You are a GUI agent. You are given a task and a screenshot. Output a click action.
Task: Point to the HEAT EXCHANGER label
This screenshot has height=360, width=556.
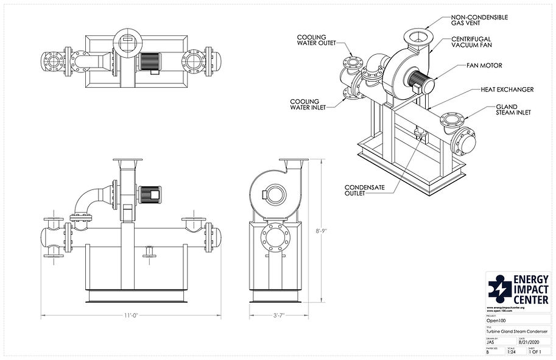point(507,90)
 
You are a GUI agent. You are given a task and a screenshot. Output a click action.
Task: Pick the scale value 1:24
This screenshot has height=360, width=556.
point(511,351)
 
